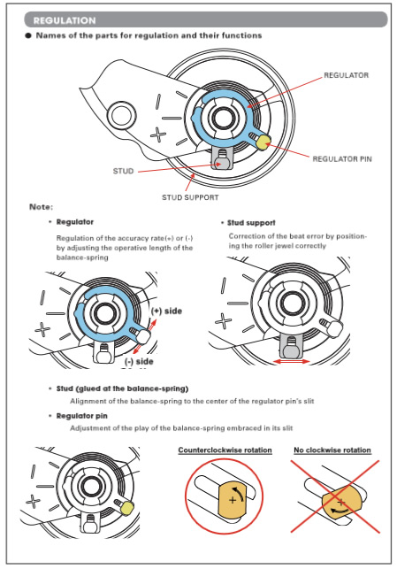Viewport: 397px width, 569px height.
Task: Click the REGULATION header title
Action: coord(65,20)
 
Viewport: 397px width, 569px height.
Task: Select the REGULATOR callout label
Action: coord(347,75)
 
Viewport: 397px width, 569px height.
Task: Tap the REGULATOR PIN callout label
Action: coord(342,159)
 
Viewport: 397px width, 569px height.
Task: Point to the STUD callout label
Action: coord(123,171)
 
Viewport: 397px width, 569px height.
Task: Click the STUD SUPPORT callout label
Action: coord(190,197)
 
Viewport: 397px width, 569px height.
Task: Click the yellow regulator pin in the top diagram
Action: coord(263,142)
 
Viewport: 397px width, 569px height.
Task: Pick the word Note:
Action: coord(41,207)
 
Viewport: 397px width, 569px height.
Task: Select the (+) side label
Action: coord(166,311)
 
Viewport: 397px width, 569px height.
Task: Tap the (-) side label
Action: coord(139,361)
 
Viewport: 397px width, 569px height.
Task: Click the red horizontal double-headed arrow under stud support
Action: coord(292,361)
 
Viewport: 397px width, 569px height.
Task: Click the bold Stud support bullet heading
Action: coord(251,223)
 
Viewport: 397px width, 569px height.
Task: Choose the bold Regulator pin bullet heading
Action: coord(82,416)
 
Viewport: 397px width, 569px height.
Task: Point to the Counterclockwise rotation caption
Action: coord(225,450)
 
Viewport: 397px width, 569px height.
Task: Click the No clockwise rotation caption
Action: coord(332,450)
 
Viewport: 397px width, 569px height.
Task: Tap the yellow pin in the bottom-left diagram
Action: coord(127,508)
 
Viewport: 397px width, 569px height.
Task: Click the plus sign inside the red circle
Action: coord(233,500)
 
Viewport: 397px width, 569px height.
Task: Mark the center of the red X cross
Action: coord(336,496)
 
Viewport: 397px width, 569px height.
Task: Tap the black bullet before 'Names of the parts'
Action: coord(28,35)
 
